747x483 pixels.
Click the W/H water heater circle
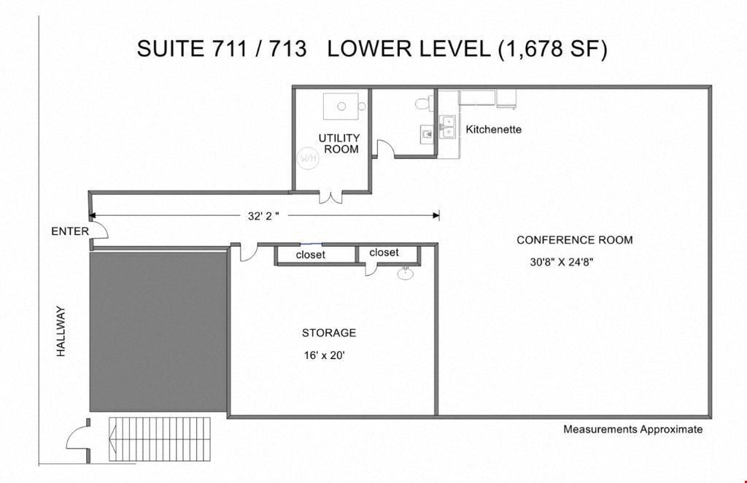pos(308,157)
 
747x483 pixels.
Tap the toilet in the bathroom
pos(424,103)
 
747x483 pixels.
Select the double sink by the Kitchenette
pos(447,127)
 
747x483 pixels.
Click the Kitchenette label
pos(494,129)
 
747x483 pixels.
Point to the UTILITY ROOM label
pos(339,144)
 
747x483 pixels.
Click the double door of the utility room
pos(330,198)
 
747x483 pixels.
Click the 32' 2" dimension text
pos(263,216)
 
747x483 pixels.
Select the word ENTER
pos(70,231)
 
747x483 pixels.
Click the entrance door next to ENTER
pos(99,230)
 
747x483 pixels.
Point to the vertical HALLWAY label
pos(61,331)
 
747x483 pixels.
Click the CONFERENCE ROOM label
pos(575,240)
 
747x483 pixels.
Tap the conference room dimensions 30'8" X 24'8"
pos(561,261)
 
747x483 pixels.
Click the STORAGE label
pos(329,333)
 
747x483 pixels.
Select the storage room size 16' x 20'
pos(324,355)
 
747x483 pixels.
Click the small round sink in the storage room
pos(406,273)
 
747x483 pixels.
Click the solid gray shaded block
pos(158,331)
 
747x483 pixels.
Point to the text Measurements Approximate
pos(632,429)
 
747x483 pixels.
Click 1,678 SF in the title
pos(553,49)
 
